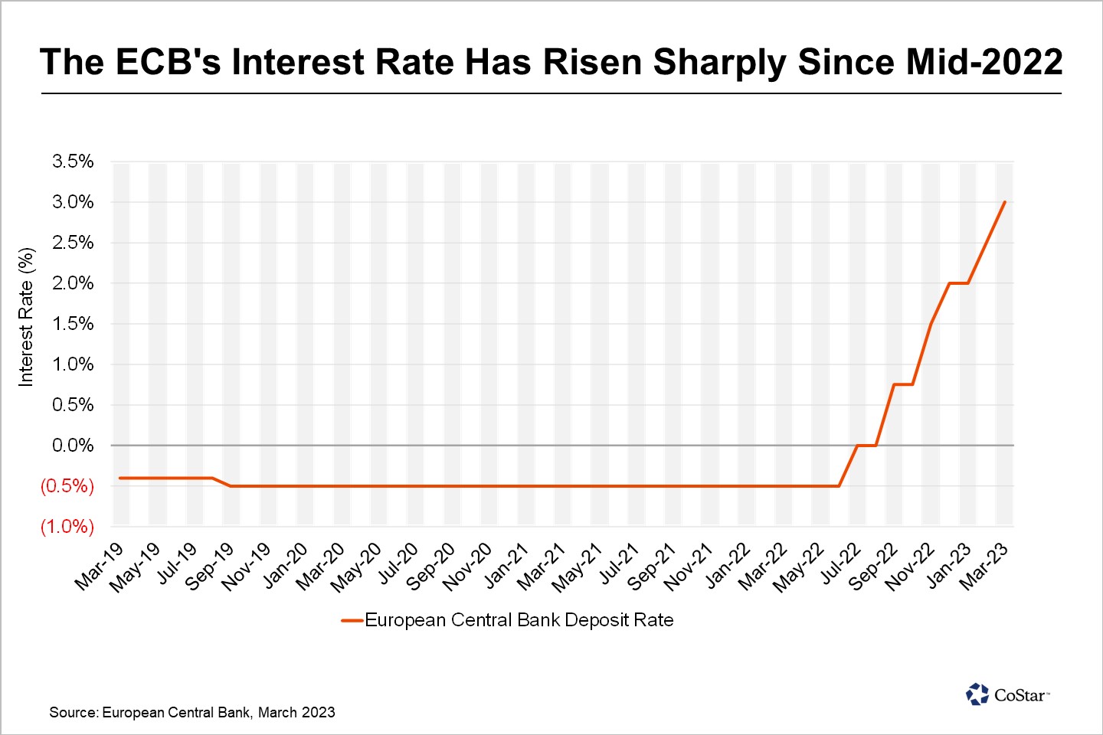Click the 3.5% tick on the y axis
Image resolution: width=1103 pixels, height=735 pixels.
coord(73,162)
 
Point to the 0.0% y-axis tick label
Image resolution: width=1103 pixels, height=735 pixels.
coord(73,446)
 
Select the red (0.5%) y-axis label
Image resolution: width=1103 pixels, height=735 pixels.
coord(67,486)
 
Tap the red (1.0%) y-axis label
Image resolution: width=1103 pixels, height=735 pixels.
coord(67,527)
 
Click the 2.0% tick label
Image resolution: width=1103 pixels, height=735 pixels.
coord(73,283)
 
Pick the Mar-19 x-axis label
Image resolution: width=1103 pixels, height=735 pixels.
coord(99,567)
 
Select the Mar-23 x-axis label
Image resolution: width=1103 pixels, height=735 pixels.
coord(984,567)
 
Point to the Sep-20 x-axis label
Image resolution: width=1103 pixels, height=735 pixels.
coord(431,567)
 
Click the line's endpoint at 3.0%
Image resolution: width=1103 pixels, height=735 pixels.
coord(1004,202)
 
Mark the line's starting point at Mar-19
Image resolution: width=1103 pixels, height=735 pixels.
coord(120,478)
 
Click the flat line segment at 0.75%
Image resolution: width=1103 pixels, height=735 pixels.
coord(903,384)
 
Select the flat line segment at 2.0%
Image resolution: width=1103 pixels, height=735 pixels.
coord(959,283)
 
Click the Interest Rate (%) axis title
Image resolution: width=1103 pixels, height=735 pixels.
coord(26,317)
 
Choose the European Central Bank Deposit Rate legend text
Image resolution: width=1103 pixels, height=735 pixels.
coord(519,620)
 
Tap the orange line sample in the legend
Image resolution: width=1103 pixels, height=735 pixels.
coord(352,621)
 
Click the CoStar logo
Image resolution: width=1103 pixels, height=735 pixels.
coord(1007,694)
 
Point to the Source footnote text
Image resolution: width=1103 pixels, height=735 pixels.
coord(192,712)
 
